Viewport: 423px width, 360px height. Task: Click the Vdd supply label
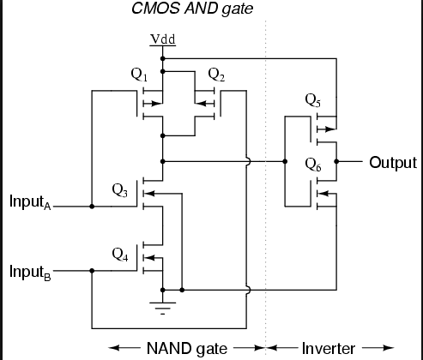click(163, 39)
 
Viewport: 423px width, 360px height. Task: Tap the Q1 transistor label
click(139, 75)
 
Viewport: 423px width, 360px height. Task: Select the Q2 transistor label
click(216, 75)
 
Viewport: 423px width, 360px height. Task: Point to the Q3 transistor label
click(120, 190)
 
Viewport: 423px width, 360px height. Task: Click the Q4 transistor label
click(120, 255)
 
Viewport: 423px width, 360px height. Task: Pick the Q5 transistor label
click(313, 100)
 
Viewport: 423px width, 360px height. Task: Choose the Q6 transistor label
click(313, 165)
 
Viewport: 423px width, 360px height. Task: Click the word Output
click(393, 163)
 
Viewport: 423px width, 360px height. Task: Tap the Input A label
click(30, 202)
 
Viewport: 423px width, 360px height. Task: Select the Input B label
click(30, 272)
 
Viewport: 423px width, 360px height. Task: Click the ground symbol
click(163, 308)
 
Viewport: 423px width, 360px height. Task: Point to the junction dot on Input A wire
click(92, 207)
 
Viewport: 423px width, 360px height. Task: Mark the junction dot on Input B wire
click(92, 271)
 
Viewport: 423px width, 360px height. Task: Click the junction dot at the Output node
click(336, 162)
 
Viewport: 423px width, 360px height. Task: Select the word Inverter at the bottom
click(329, 349)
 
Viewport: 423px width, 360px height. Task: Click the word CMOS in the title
click(155, 9)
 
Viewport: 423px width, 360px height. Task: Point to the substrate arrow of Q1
click(153, 104)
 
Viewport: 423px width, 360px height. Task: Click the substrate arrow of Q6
click(327, 194)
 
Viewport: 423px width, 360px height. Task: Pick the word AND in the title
click(201, 9)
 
